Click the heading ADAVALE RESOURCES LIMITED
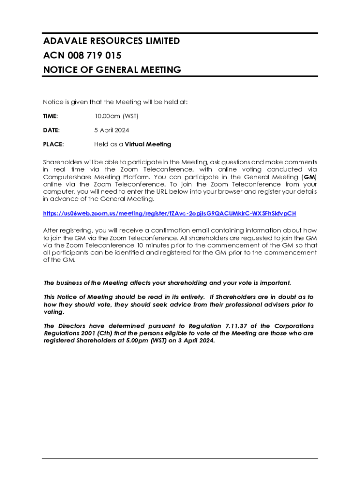[x=111, y=41]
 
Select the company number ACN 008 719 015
[x=82, y=56]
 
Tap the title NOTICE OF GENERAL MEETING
[x=112, y=70]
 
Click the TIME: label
[x=50, y=116]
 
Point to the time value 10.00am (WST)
[x=116, y=116]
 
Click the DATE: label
[x=51, y=130]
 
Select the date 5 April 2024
[x=112, y=130]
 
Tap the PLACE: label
[x=53, y=144]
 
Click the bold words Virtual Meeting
[x=148, y=144]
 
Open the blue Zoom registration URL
[x=170, y=213]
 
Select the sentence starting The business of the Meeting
[x=167, y=283]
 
